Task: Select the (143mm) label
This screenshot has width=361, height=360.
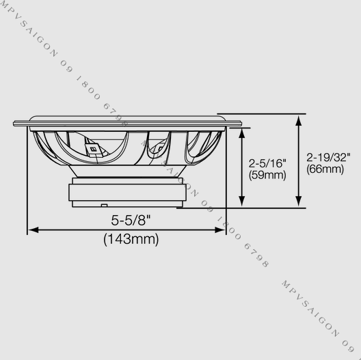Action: (131, 239)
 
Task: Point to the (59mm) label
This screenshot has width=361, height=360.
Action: (267, 175)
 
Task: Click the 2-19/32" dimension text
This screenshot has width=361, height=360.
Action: (328, 156)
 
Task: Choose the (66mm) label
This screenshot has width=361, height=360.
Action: (325, 168)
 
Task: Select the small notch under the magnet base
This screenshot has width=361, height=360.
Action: (103, 205)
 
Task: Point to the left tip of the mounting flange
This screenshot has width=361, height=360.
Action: (14, 124)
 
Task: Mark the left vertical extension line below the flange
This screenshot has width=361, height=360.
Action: (27, 184)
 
